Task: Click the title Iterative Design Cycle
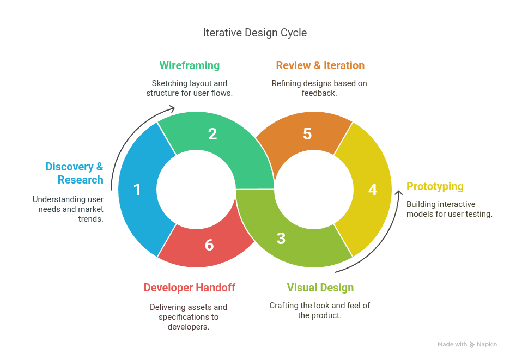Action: tap(254, 33)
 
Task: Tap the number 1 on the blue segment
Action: tap(137, 190)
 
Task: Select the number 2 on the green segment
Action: tap(212, 134)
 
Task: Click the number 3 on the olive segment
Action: tap(281, 239)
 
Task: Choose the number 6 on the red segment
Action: tap(209, 245)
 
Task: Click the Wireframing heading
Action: tap(189, 65)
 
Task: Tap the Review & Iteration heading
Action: tap(320, 65)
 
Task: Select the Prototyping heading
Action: tap(435, 186)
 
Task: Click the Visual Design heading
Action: tap(320, 288)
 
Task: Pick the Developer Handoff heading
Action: tap(189, 288)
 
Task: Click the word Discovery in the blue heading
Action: tap(70, 167)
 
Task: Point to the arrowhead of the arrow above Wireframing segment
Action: tap(173, 108)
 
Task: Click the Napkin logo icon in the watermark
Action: tap(472, 345)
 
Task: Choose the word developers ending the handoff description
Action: tap(189, 327)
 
